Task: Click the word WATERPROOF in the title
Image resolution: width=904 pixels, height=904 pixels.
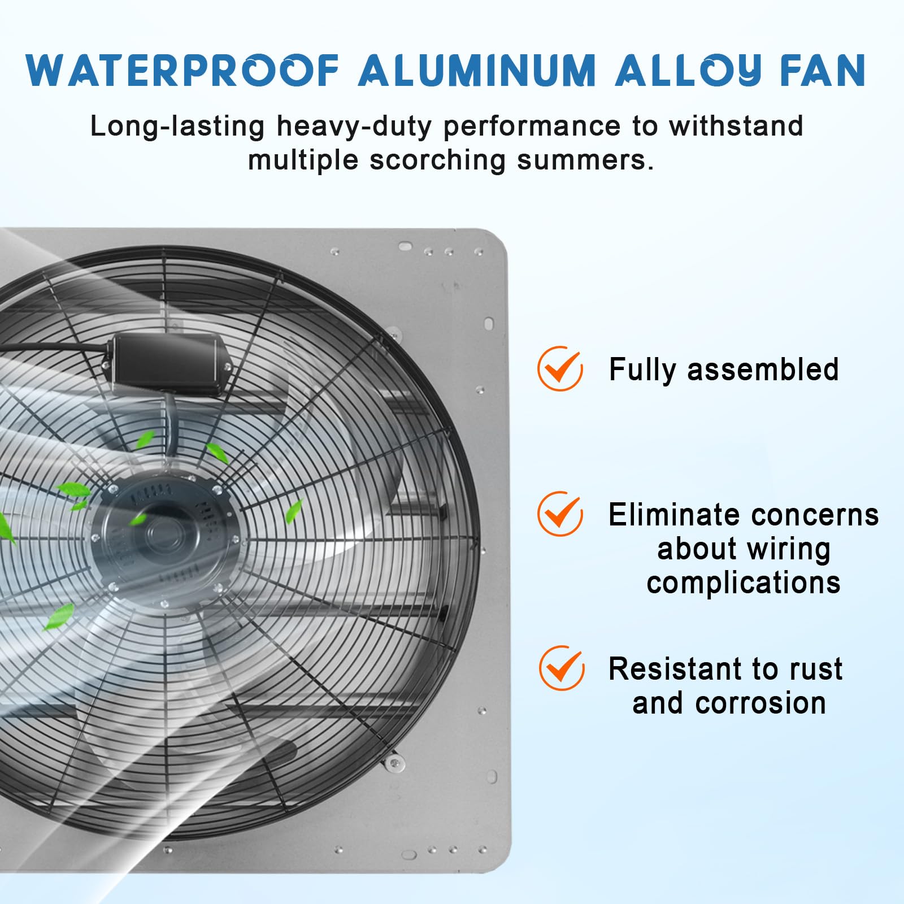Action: [182, 71]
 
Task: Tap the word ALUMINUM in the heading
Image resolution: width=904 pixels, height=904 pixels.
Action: [477, 71]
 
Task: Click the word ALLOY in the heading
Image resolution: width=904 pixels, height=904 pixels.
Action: [688, 71]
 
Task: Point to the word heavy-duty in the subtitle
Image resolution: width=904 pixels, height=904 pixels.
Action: [354, 127]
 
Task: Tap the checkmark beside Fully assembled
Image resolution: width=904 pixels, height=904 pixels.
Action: [560, 368]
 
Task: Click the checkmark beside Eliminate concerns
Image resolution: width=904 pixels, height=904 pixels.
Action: [560, 514]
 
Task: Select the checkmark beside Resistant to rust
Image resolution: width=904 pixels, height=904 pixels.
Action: [562, 668]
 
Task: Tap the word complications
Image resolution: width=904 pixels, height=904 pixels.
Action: [744, 584]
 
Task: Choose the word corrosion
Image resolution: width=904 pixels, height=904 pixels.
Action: [760, 703]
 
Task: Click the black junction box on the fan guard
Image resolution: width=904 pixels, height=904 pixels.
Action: [168, 364]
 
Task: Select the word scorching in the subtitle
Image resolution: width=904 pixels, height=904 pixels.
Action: [437, 160]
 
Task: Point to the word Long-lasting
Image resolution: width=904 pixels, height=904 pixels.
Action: [177, 127]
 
